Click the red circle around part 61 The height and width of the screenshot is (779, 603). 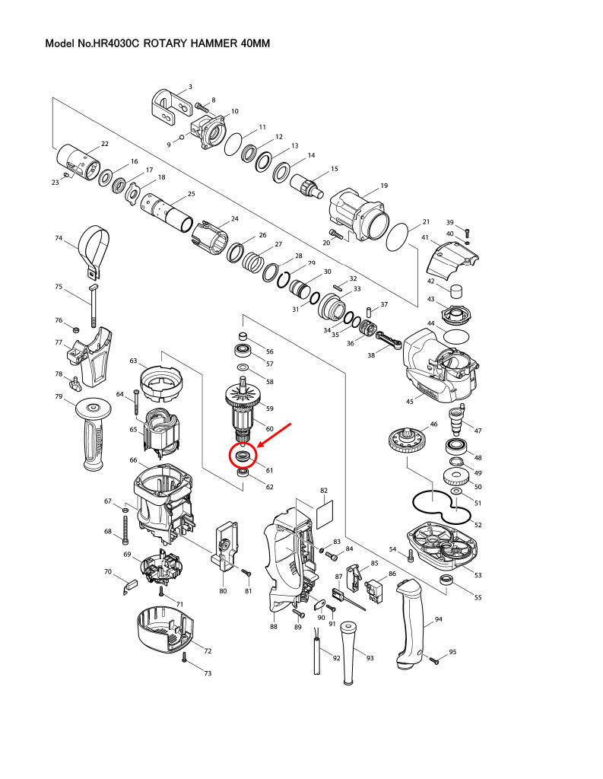pos(243,456)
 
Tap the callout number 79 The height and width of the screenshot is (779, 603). pos(59,396)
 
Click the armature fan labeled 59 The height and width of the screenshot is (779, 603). pos(244,396)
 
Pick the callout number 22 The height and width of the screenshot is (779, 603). pos(105,144)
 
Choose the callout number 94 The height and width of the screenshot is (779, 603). pos(438,620)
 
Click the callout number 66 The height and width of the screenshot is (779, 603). pos(133,460)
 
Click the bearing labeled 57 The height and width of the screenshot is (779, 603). pos(244,351)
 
